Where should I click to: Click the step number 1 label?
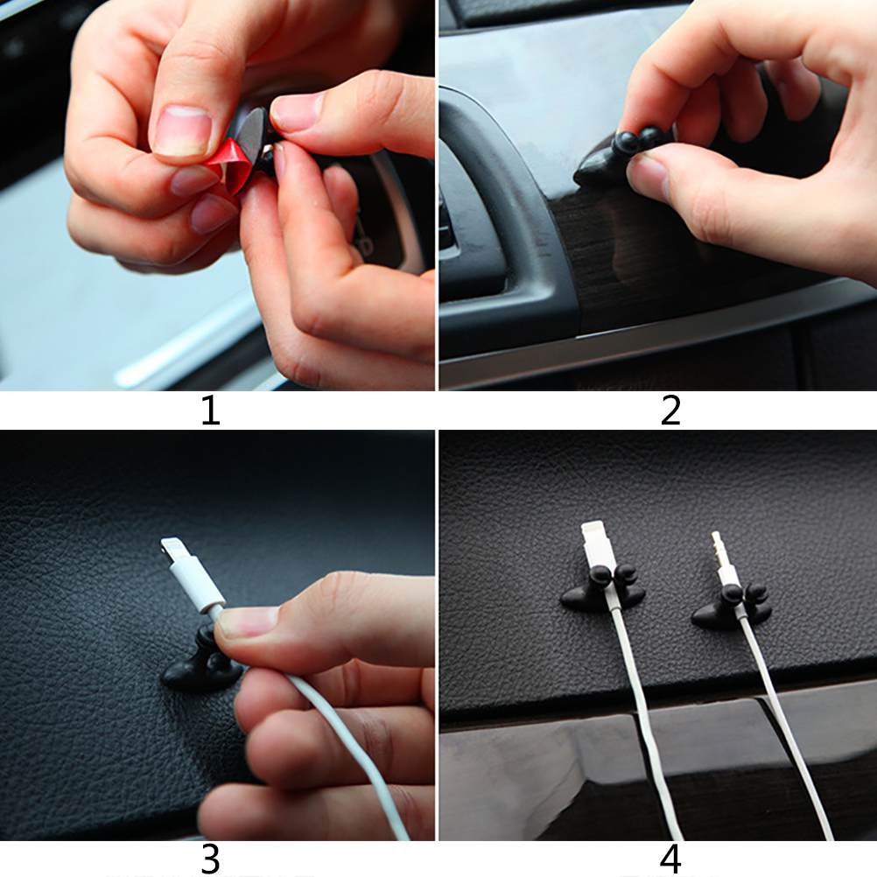[210, 410]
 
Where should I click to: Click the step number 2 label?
[670, 410]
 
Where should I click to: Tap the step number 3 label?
[210, 859]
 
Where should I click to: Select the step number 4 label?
[670, 859]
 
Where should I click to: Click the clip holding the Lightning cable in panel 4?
[604, 590]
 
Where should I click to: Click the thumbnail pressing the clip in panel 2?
[647, 176]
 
